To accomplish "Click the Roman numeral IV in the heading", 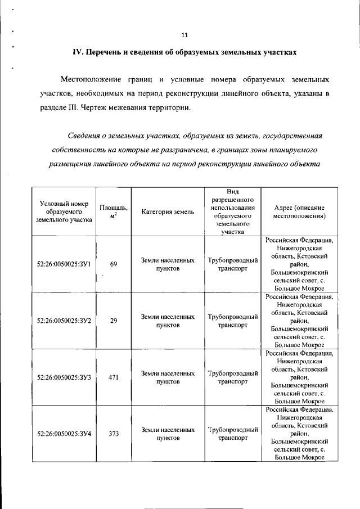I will [x=77, y=52].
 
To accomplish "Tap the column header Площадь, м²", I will [x=113, y=211].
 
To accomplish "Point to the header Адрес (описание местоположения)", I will [x=299, y=211].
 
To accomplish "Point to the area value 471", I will [x=113, y=377].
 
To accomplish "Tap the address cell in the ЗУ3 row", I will [x=299, y=377].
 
